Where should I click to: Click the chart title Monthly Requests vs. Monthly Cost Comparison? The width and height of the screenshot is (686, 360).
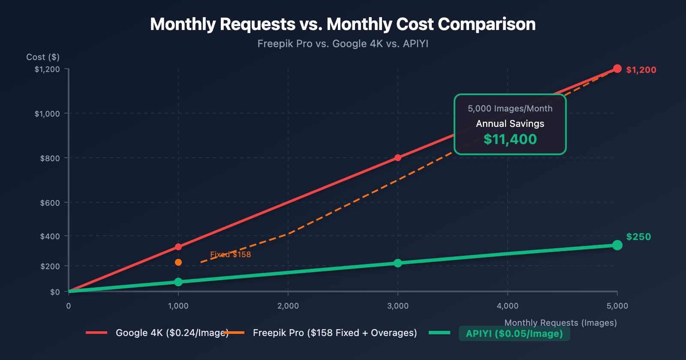(343, 24)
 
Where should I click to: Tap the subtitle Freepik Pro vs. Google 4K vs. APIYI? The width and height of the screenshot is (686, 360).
(343, 44)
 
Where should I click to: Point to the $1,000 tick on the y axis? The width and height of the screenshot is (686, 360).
(47, 114)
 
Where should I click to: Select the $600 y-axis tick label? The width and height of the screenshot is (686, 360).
(50, 203)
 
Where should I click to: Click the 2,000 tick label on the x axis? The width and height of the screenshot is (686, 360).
(288, 306)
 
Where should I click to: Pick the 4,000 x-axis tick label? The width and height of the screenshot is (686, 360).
(508, 306)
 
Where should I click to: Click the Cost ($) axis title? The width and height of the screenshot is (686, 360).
(43, 57)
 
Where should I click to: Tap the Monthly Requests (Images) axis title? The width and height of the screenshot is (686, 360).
(560, 323)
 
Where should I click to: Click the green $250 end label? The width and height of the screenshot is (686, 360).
(638, 237)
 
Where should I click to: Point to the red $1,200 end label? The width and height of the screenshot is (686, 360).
(641, 70)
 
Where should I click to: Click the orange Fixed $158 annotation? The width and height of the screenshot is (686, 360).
(230, 255)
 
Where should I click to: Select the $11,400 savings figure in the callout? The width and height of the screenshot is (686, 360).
(510, 139)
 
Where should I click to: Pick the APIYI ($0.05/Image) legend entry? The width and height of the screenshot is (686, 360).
(514, 333)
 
